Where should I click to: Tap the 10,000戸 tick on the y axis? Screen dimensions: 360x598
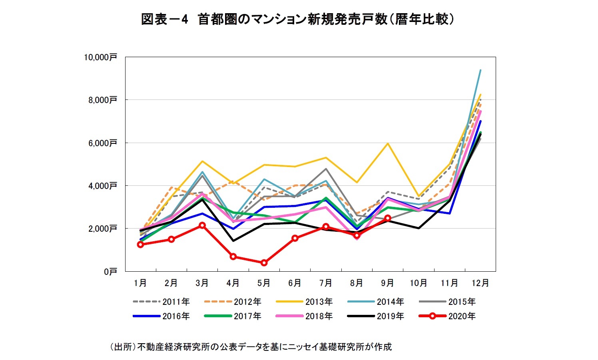coord(100,57)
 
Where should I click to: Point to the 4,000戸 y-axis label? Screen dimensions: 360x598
coord(102,186)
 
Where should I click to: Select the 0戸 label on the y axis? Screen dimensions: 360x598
coord(110,272)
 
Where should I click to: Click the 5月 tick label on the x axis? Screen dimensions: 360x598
coord(263,283)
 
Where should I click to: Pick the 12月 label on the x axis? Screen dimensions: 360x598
coord(480,283)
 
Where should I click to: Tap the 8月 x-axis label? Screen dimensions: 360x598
coord(356,283)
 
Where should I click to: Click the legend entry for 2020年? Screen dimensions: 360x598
coord(447,316)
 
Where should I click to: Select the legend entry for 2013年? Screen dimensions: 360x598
coord(305,302)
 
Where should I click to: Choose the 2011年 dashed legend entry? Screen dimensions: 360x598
coord(161,302)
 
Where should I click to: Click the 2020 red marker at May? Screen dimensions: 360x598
coord(264,263)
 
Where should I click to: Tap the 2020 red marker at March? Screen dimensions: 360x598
coord(202,225)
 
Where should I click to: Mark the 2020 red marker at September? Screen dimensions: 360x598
coord(387,218)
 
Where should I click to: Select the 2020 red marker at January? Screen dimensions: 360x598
coord(140,245)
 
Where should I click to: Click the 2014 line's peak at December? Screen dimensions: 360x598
coord(480,70)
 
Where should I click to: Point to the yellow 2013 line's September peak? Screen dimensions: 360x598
coord(387,143)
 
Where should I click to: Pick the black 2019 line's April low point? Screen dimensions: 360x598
coord(233,241)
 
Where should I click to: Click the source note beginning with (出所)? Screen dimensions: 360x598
coord(251,347)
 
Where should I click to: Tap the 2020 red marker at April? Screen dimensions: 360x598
coord(233,257)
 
